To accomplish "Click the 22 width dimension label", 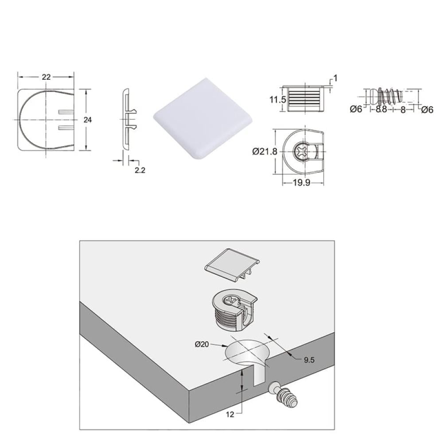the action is point(46,77).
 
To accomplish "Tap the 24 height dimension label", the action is point(88,120).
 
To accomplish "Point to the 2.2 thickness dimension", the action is point(140,170).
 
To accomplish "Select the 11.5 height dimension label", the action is point(278,100).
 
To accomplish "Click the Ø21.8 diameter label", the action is point(265,152).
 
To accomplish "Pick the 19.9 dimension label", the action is point(301,183).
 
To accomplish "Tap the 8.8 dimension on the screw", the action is point(381,109).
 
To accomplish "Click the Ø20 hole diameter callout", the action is point(202,344).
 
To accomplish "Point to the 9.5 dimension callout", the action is point(309,360).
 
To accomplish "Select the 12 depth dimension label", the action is point(230,415).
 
